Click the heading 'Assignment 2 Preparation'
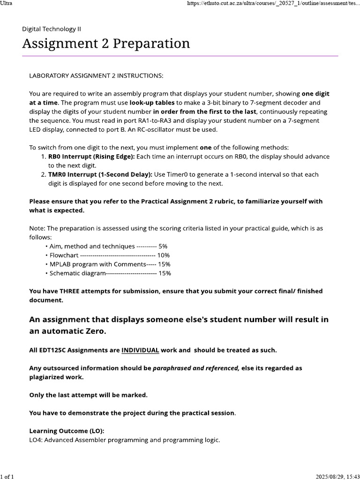point(106,44)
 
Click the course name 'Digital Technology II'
point(52,29)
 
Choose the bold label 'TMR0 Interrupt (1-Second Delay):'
point(100,174)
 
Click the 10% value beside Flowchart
point(164,255)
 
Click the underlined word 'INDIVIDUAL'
point(140,350)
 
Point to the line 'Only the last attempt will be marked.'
point(88,395)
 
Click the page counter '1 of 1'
point(7,476)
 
